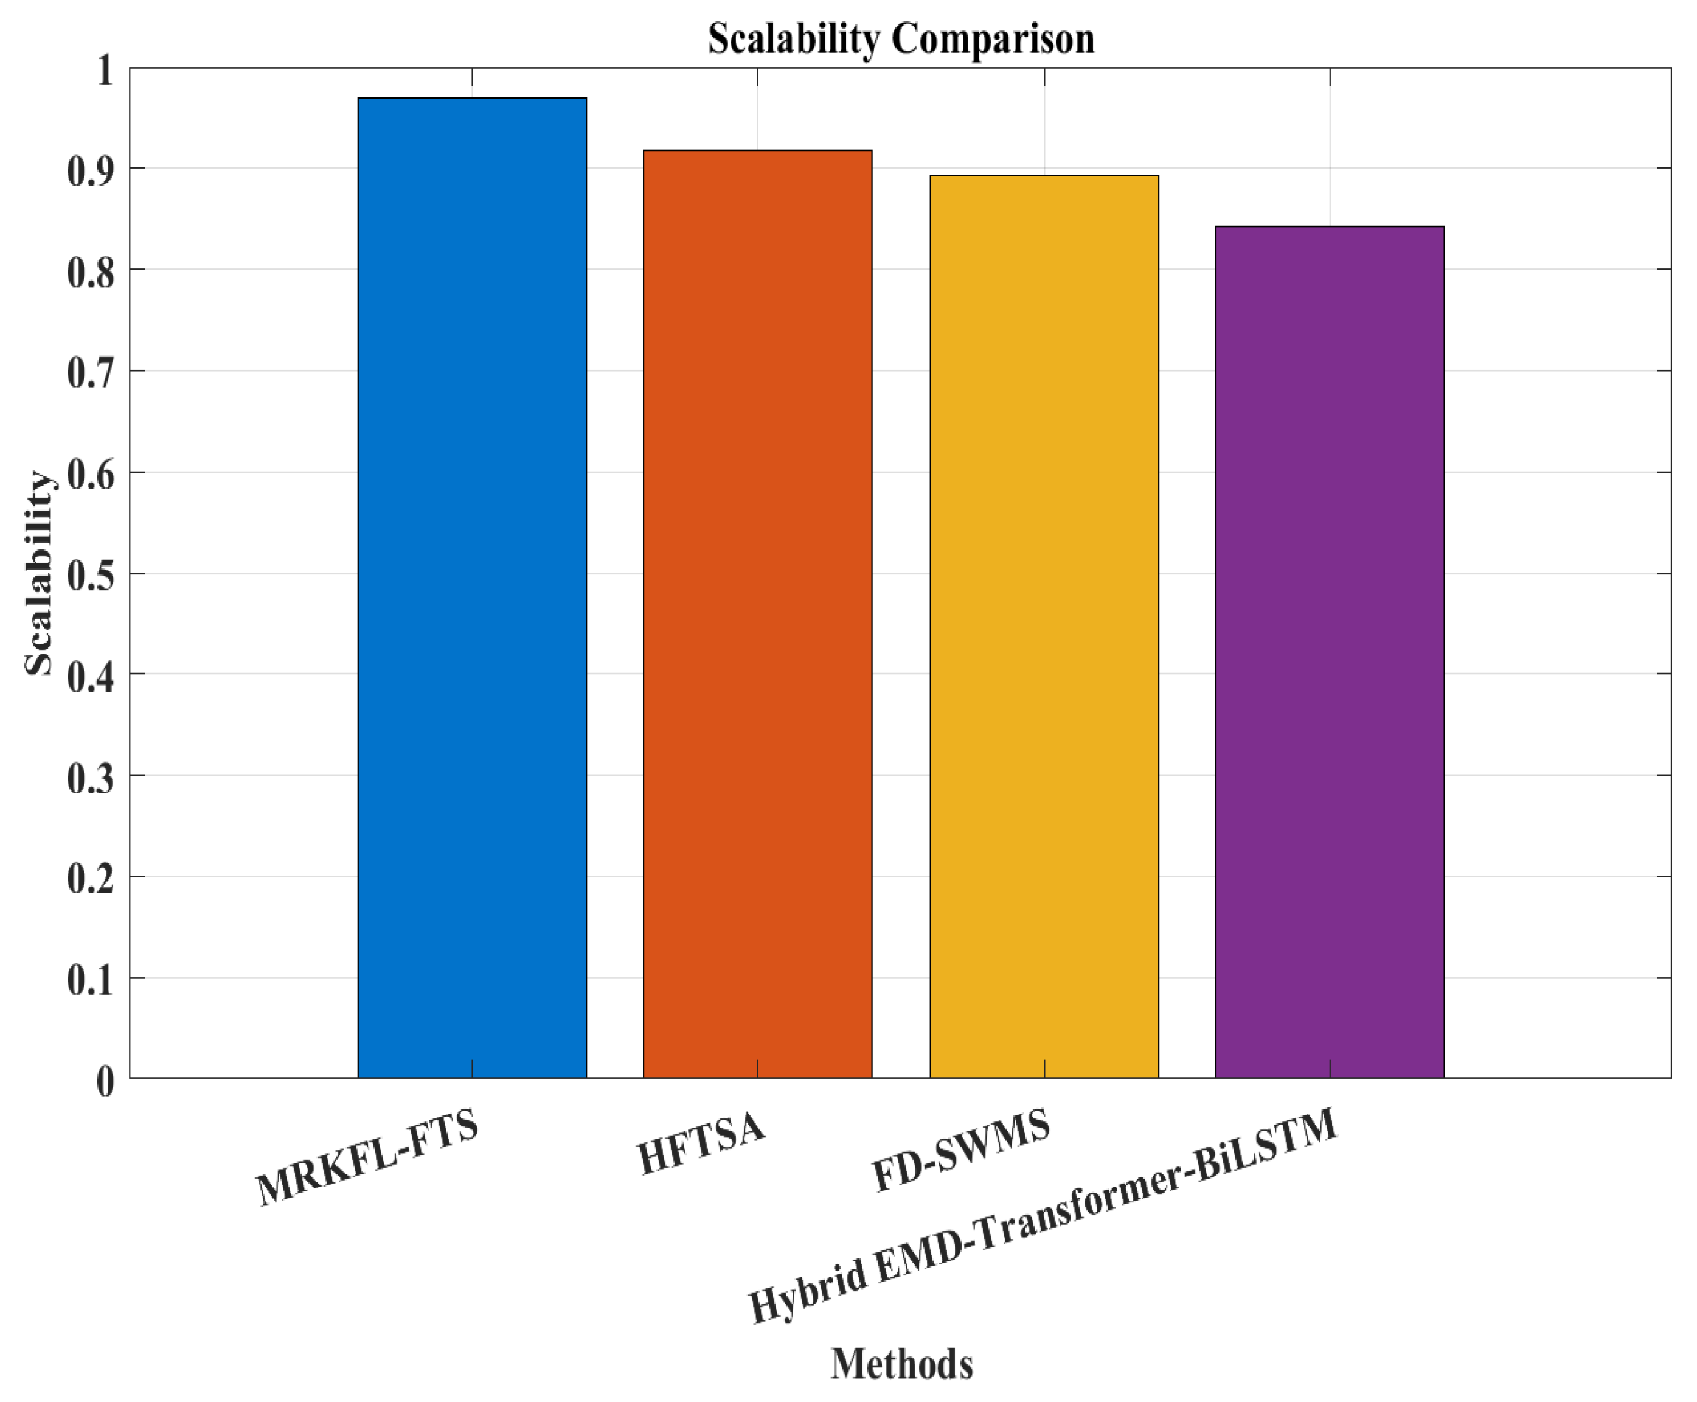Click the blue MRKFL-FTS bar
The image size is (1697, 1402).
click(471, 587)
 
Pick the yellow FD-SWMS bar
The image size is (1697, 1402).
click(1043, 626)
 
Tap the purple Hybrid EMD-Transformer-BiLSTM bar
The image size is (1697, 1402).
click(1329, 651)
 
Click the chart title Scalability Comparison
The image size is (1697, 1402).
click(901, 38)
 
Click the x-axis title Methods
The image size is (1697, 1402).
click(901, 1364)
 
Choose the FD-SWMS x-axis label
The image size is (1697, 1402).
click(960, 1150)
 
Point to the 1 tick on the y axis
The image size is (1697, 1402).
click(105, 70)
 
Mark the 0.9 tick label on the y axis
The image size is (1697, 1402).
click(91, 171)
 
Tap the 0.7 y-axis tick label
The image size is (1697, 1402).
click(91, 374)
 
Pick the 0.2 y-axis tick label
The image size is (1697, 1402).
click(91, 879)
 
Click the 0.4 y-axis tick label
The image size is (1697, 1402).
click(91, 677)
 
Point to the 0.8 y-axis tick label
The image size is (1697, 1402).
click(91, 272)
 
